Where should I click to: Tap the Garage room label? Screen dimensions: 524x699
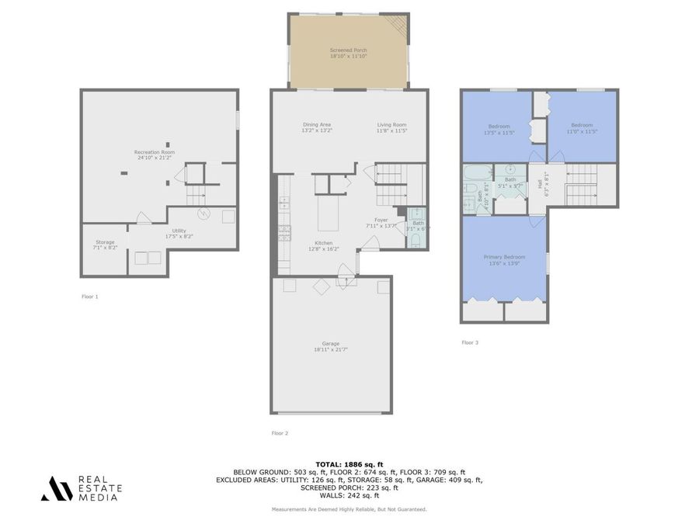(331, 343)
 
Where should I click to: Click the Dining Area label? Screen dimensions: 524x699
(317, 125)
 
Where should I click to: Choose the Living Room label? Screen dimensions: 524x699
(391, 125)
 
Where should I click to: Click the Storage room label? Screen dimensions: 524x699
(105, 242)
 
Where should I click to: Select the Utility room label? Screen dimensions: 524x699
(179, 231)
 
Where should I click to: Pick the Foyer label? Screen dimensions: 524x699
(381, 220)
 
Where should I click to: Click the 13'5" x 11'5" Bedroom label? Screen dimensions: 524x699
(499, 127)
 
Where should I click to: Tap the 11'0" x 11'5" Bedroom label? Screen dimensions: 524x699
(582, 125)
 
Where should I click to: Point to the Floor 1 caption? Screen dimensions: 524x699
(90, 297)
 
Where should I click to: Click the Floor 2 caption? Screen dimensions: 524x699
(280, 433)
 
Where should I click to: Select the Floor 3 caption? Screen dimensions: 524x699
(470, 342)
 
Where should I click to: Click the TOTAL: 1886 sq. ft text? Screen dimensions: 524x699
(349, 463)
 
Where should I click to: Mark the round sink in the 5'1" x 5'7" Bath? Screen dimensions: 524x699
(510, 168)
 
